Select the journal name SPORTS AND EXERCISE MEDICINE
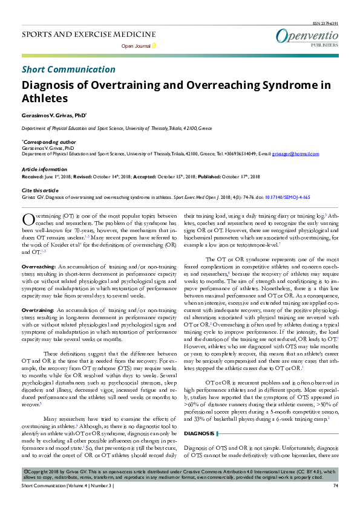click(x=89, y=34)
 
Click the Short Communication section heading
click(x=68, y=70)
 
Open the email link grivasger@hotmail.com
click(x=296, y=154)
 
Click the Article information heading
click(x=44, y=169)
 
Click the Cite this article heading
click(x=40, y=190)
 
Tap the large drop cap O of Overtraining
click(x=28, y=219)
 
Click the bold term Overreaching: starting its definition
click(x=38, y=267)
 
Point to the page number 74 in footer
click(x=335, y=502)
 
